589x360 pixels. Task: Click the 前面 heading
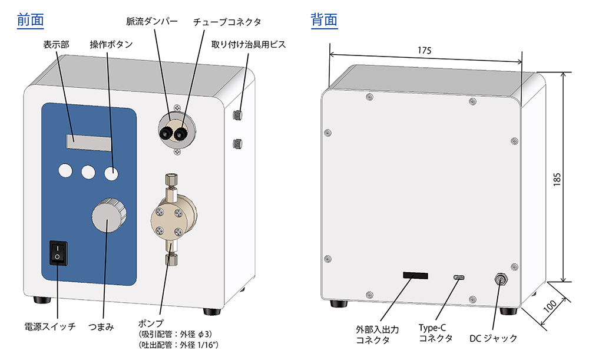(31, 19)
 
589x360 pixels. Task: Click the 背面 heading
(324, 19)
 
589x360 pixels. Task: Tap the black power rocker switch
(58, 253)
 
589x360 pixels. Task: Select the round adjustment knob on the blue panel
(108, 216)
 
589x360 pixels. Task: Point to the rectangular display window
(89, 141)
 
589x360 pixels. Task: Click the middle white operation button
(89, 171)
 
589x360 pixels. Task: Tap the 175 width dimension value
(425, 50)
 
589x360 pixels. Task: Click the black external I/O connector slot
(415, 276)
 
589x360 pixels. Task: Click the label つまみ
(101, 326)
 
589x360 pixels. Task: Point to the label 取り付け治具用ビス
(248, 44)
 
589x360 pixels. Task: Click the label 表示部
(57, 44)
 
